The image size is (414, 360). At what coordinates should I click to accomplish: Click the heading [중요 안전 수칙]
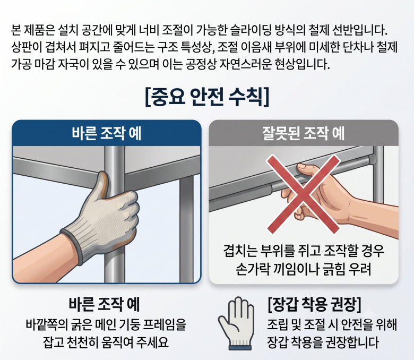pos(207,97)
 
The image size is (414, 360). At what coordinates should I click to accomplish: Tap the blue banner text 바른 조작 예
pos(107,133)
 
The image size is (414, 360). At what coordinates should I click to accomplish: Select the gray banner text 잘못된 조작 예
pos(304,133)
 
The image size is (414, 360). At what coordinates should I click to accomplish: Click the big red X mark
pos(303,194)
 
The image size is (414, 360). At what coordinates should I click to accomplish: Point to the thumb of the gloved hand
pos(103,184)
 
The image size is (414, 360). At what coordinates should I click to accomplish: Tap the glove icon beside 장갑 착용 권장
pos(236,323)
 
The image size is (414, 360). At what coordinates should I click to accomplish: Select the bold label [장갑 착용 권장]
pos(314,304)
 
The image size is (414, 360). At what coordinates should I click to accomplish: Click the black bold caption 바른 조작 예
pos(104,304)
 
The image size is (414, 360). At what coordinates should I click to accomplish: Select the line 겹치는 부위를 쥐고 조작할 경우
pos(304,251)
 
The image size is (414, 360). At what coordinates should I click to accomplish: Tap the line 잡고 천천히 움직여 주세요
pos(106,342)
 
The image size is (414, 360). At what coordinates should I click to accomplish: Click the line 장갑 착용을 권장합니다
pos(323,342)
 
